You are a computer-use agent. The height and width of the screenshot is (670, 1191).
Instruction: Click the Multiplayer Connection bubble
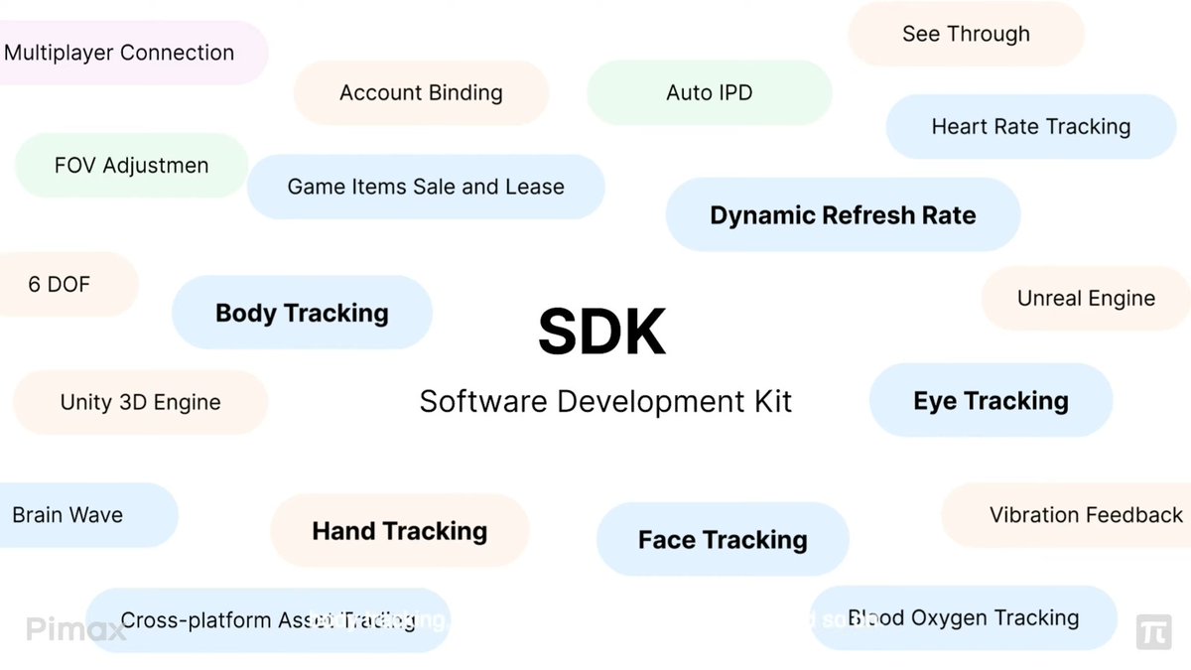pos(119,53)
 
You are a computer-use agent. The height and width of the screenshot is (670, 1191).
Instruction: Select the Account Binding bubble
pos(421,93)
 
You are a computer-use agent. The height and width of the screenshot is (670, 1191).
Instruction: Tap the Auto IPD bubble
pos(709,93)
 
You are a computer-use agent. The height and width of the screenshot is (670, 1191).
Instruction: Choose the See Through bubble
pos(966,34)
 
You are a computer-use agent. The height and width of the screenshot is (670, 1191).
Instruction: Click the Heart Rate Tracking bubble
pos(1030,127)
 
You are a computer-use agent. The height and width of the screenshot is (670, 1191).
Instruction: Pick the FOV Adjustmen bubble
pos(131,166)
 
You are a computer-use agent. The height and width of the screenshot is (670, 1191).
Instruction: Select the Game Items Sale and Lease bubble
pos(426,187)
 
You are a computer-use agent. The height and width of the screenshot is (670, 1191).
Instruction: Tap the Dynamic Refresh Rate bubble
pos(843,215)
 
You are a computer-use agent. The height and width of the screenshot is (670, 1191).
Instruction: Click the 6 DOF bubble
pos(60,285)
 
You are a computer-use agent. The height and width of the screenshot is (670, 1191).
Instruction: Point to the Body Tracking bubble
pos(302,313)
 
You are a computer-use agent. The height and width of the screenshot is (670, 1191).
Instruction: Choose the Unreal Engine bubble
pos(1086,299)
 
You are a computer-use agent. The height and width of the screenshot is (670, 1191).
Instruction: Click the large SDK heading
pos(601,333)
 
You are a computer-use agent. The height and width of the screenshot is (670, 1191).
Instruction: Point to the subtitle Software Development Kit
pos(605,402)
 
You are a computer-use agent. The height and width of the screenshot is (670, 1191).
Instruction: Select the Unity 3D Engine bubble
pos(140,403)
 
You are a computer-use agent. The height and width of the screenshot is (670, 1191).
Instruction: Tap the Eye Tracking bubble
pos(991,401)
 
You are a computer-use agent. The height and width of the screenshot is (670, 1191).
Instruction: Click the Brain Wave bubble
pos(67,515)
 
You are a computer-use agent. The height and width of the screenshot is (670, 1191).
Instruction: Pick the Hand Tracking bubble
pos(399,531)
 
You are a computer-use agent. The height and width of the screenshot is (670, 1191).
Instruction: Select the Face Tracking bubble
pos(723,540)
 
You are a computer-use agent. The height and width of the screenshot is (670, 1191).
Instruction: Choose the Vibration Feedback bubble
pos(1086,515)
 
